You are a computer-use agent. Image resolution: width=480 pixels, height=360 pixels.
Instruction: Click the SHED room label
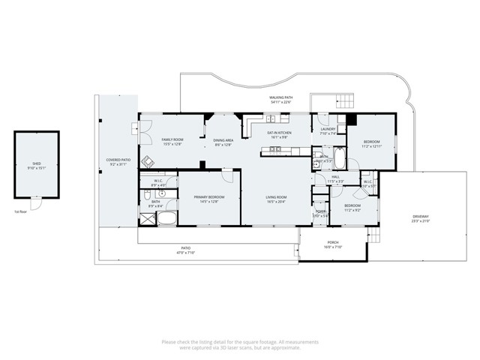[36, 165]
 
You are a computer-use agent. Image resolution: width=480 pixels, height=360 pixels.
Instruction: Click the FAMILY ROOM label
[172, 142]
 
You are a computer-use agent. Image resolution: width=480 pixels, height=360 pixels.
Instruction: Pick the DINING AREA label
[223, 142]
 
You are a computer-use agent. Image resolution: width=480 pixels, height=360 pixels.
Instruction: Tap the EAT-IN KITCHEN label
[279, 134]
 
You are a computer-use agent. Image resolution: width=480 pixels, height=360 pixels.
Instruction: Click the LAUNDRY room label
[328, 131]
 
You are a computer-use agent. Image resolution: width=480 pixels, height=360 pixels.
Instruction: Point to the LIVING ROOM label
[276, 199]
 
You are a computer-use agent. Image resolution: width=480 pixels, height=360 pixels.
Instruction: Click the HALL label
[334, 178]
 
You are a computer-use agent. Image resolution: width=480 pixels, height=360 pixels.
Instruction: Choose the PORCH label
[333, 244]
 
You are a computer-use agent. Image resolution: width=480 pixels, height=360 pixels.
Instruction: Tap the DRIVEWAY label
[420, 219]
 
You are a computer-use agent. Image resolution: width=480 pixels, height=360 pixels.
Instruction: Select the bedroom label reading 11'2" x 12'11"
[372, 144]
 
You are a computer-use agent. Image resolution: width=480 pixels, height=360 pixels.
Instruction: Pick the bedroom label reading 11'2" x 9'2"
[352, 207]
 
